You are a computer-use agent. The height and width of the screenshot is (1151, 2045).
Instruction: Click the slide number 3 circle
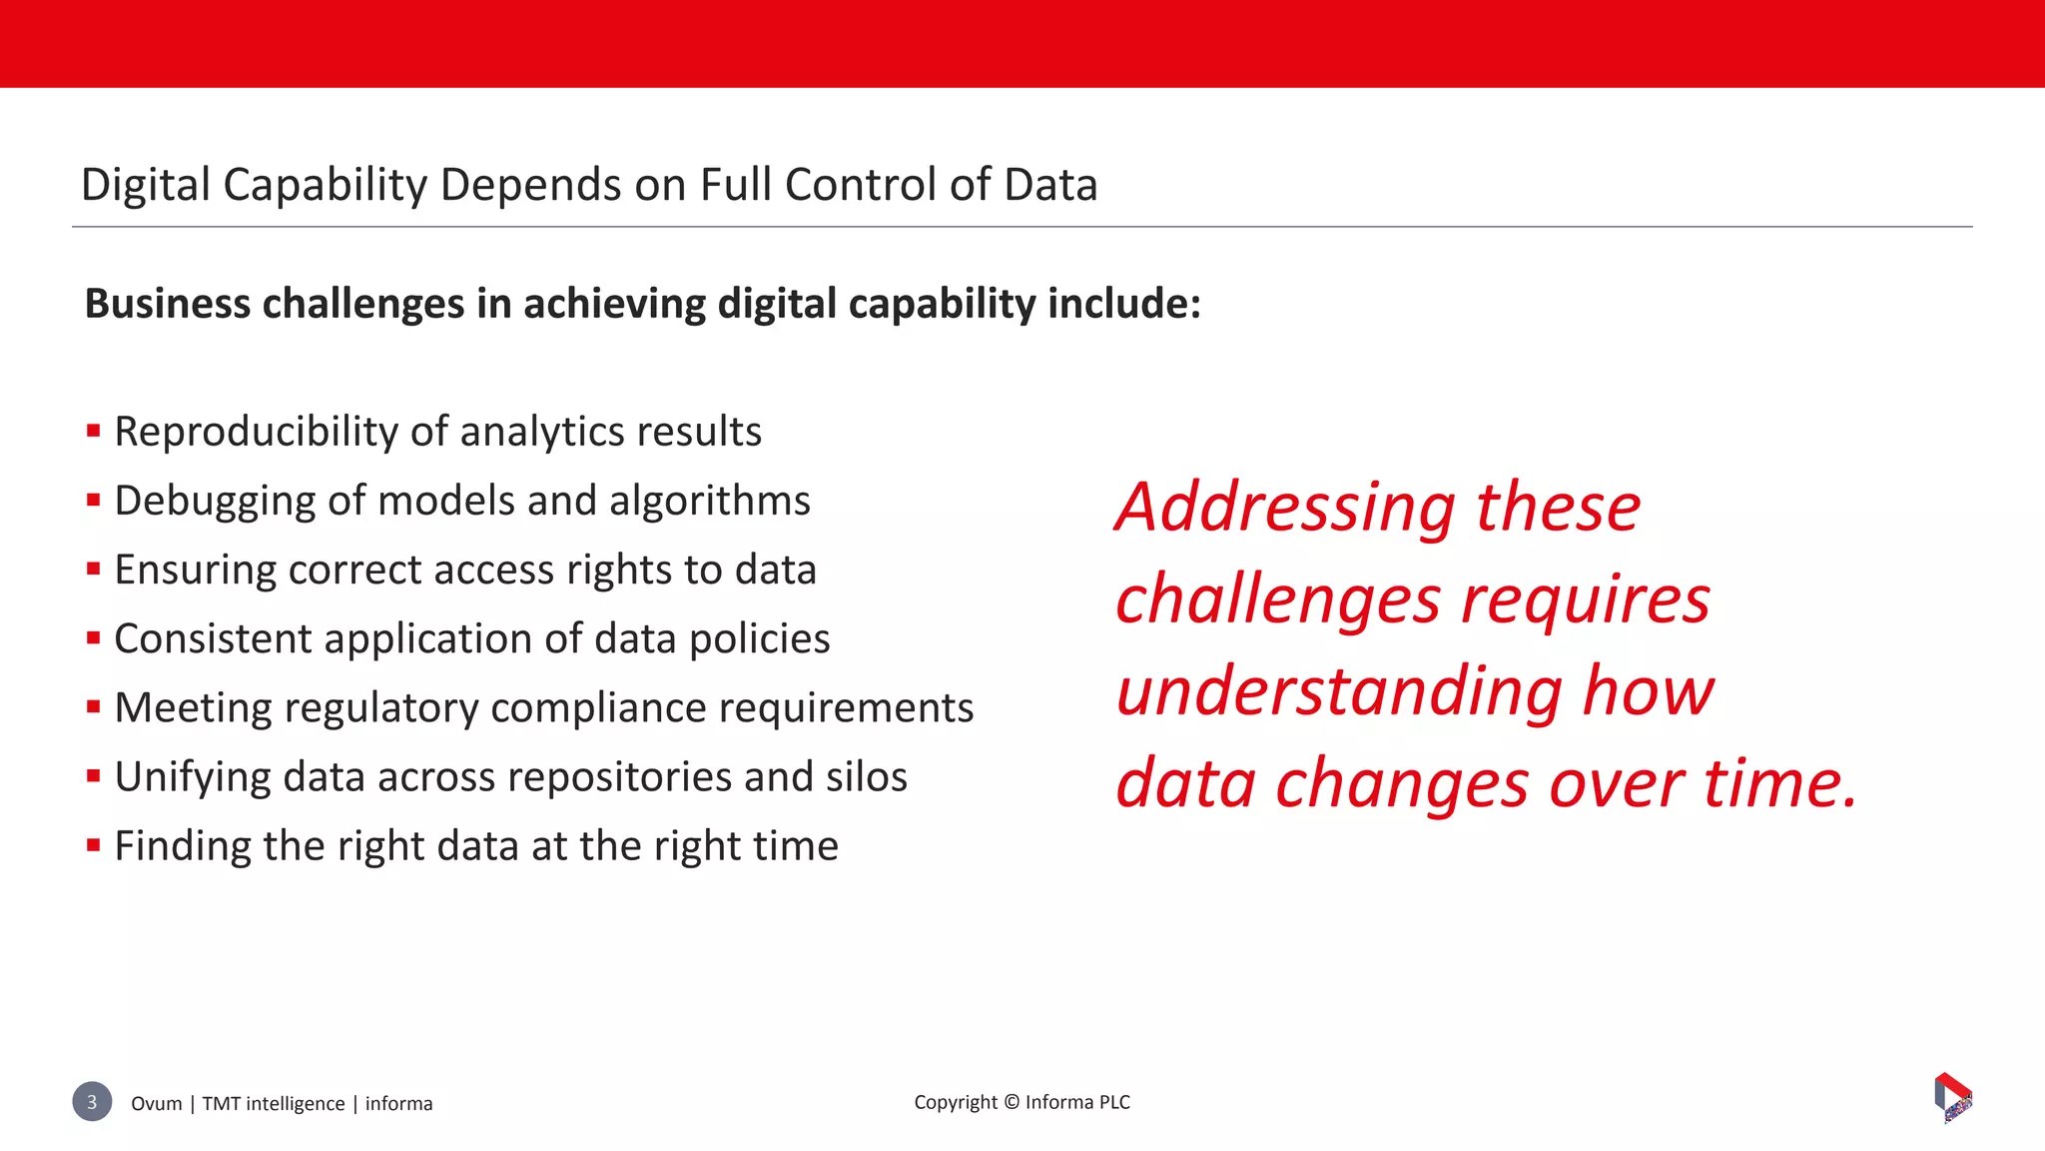click(x=92, y=1101)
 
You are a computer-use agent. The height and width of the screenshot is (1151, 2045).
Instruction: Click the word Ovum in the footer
click(x=157, y=1104)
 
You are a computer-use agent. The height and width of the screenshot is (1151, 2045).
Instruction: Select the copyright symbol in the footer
click(x=1011, y=1102)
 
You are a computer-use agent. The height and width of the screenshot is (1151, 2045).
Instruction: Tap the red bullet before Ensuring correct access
click(x=94, y=570)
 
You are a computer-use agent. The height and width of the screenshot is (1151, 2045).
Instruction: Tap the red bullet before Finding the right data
click(x=94, y=845)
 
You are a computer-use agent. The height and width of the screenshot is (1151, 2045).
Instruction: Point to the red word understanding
click(x=1338, y=691)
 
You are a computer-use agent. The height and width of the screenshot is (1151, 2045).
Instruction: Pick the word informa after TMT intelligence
click(x=398, y=1104)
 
